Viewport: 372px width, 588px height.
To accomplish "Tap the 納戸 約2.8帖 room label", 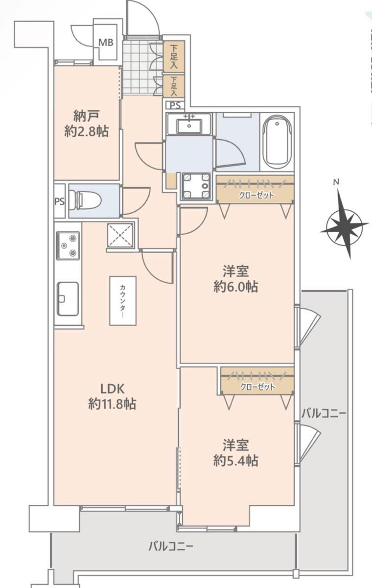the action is click(x=87, y=124).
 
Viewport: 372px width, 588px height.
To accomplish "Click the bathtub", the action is click(x=277, y=143).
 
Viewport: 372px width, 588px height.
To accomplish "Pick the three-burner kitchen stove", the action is click(x=68, y=245).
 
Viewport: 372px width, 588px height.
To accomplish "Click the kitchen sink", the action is click(x=68, y=299).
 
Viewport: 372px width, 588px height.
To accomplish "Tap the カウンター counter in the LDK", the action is click(x=123, y=301).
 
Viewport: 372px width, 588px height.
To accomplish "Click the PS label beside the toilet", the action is click(x=60, y=201).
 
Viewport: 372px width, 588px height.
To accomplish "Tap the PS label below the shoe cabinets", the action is click(x=175, y=105).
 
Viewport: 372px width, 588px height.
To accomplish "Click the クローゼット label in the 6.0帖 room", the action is click(x=256, y=195).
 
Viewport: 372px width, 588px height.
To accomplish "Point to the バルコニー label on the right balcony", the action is click(x=324, y=414).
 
